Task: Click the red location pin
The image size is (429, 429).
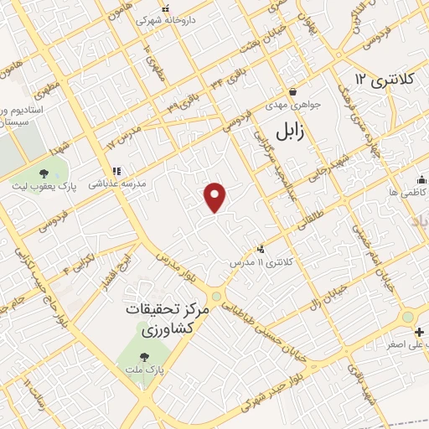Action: pos(216,197)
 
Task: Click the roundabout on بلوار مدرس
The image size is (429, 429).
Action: pos(216,296)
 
